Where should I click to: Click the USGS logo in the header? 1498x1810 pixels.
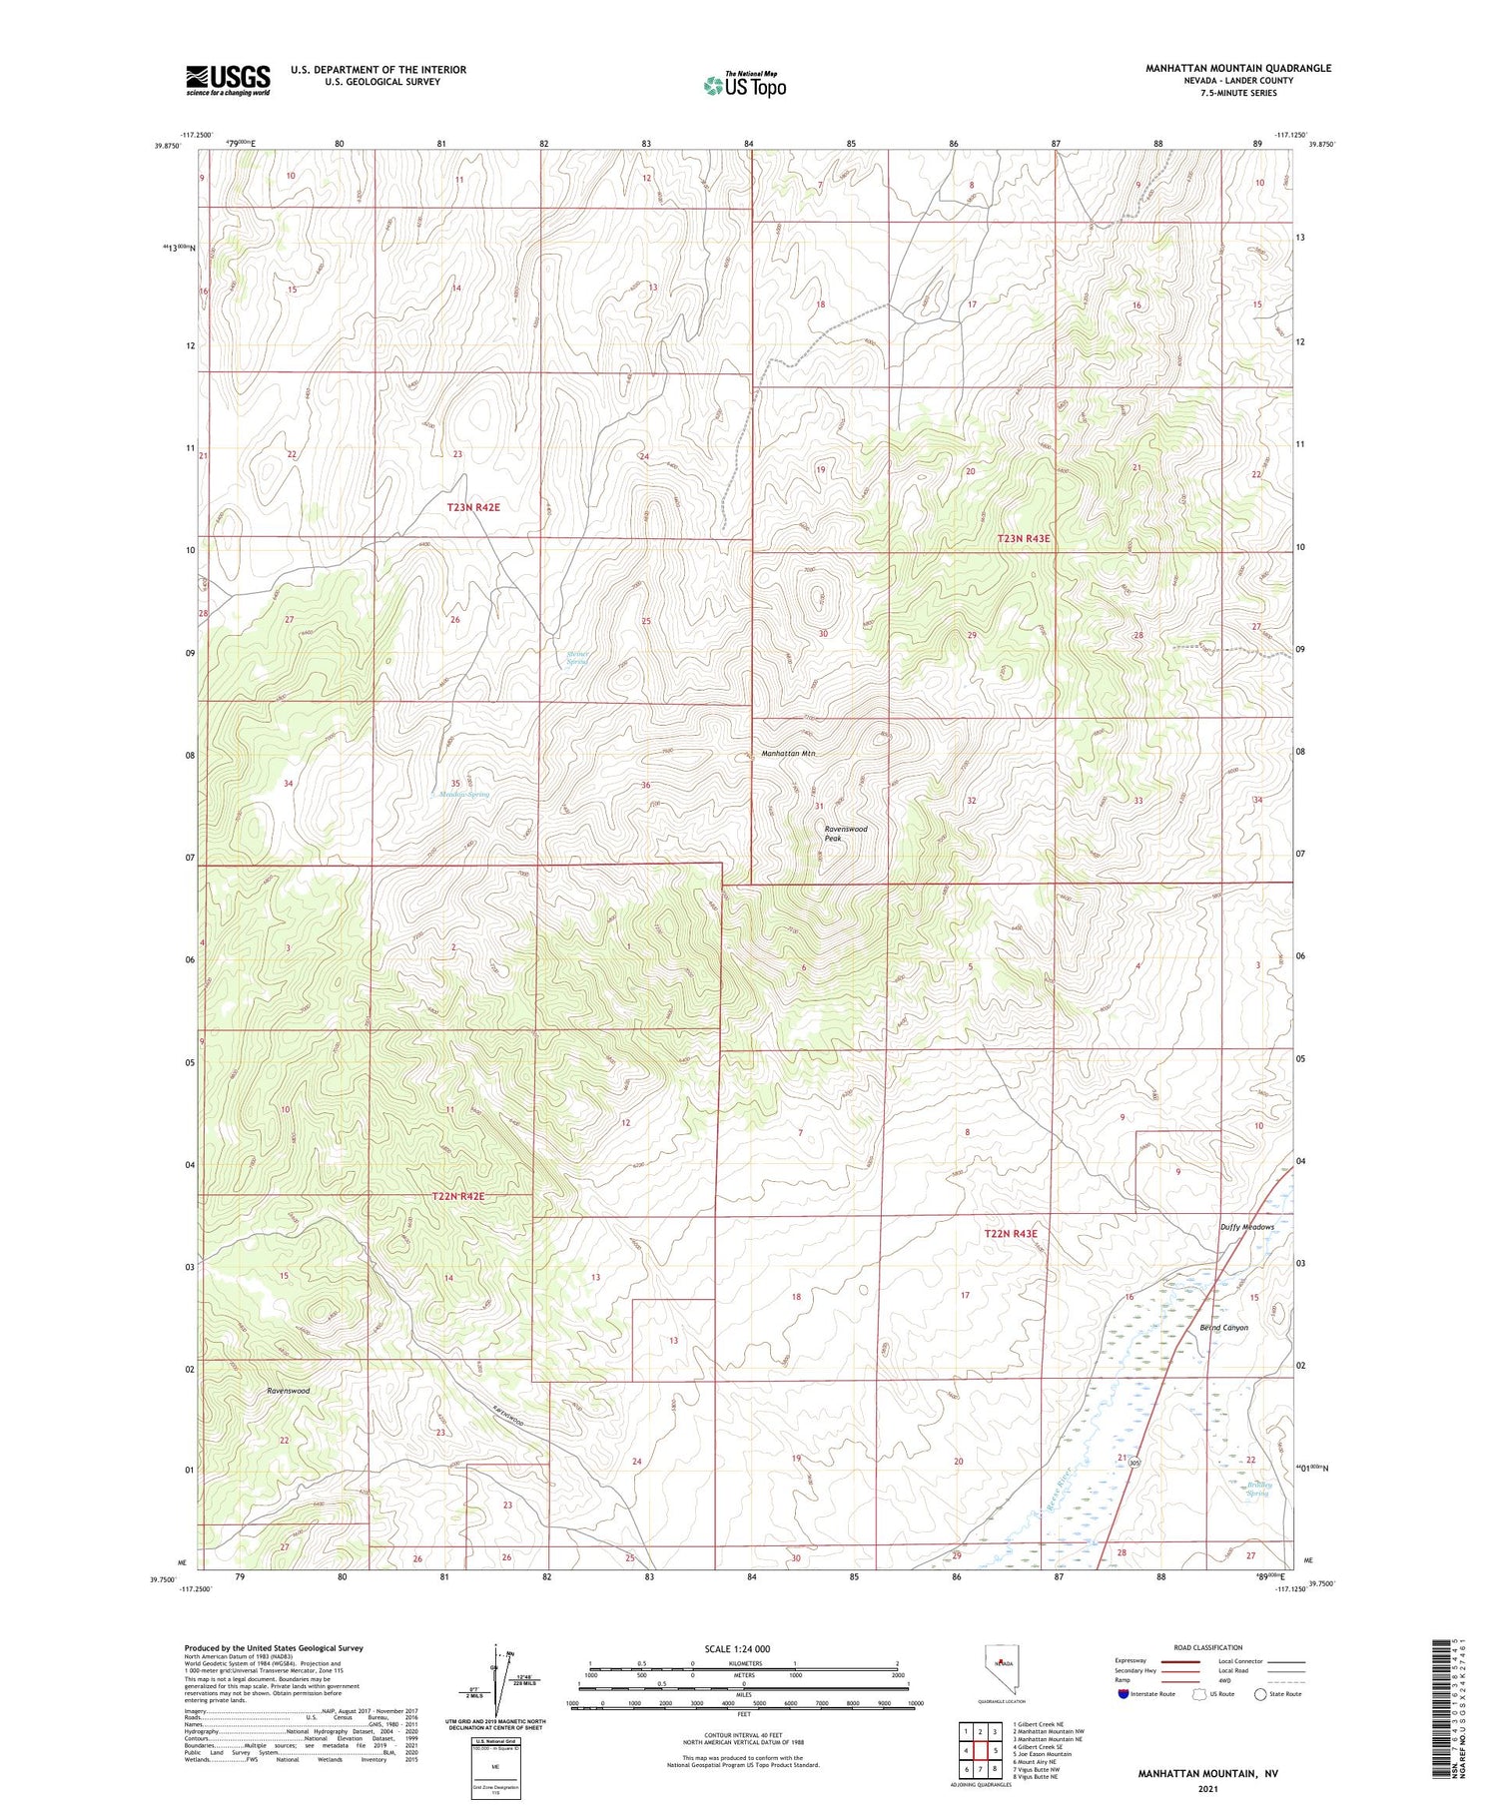[228, 80]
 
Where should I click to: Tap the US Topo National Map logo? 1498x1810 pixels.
[744, 85]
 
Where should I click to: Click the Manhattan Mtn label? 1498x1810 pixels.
[788, 754]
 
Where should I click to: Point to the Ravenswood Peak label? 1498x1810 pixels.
[845, 834]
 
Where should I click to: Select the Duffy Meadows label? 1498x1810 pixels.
[1246, 1227]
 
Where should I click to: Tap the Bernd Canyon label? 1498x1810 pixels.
[1223, 1328]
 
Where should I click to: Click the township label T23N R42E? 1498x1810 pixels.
[472, 507]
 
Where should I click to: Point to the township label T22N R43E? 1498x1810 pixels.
[1012, 1234]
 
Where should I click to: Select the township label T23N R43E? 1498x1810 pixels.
[1024, 538]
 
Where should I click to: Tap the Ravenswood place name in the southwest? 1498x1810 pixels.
[288, 1390]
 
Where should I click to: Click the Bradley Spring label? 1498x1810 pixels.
[1256, 1489]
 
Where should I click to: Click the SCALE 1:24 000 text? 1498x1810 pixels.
[743, 1648]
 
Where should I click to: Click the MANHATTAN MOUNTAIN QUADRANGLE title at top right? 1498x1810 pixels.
[1238, 68]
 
